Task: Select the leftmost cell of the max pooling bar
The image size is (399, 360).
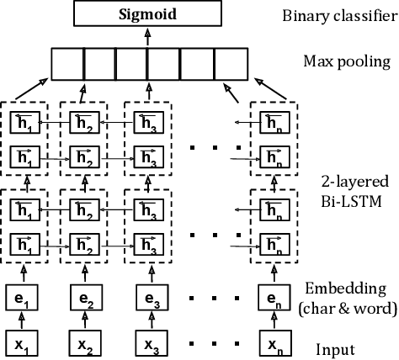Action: click(67, 63)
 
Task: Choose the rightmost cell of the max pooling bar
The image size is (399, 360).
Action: click(229, 63)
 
